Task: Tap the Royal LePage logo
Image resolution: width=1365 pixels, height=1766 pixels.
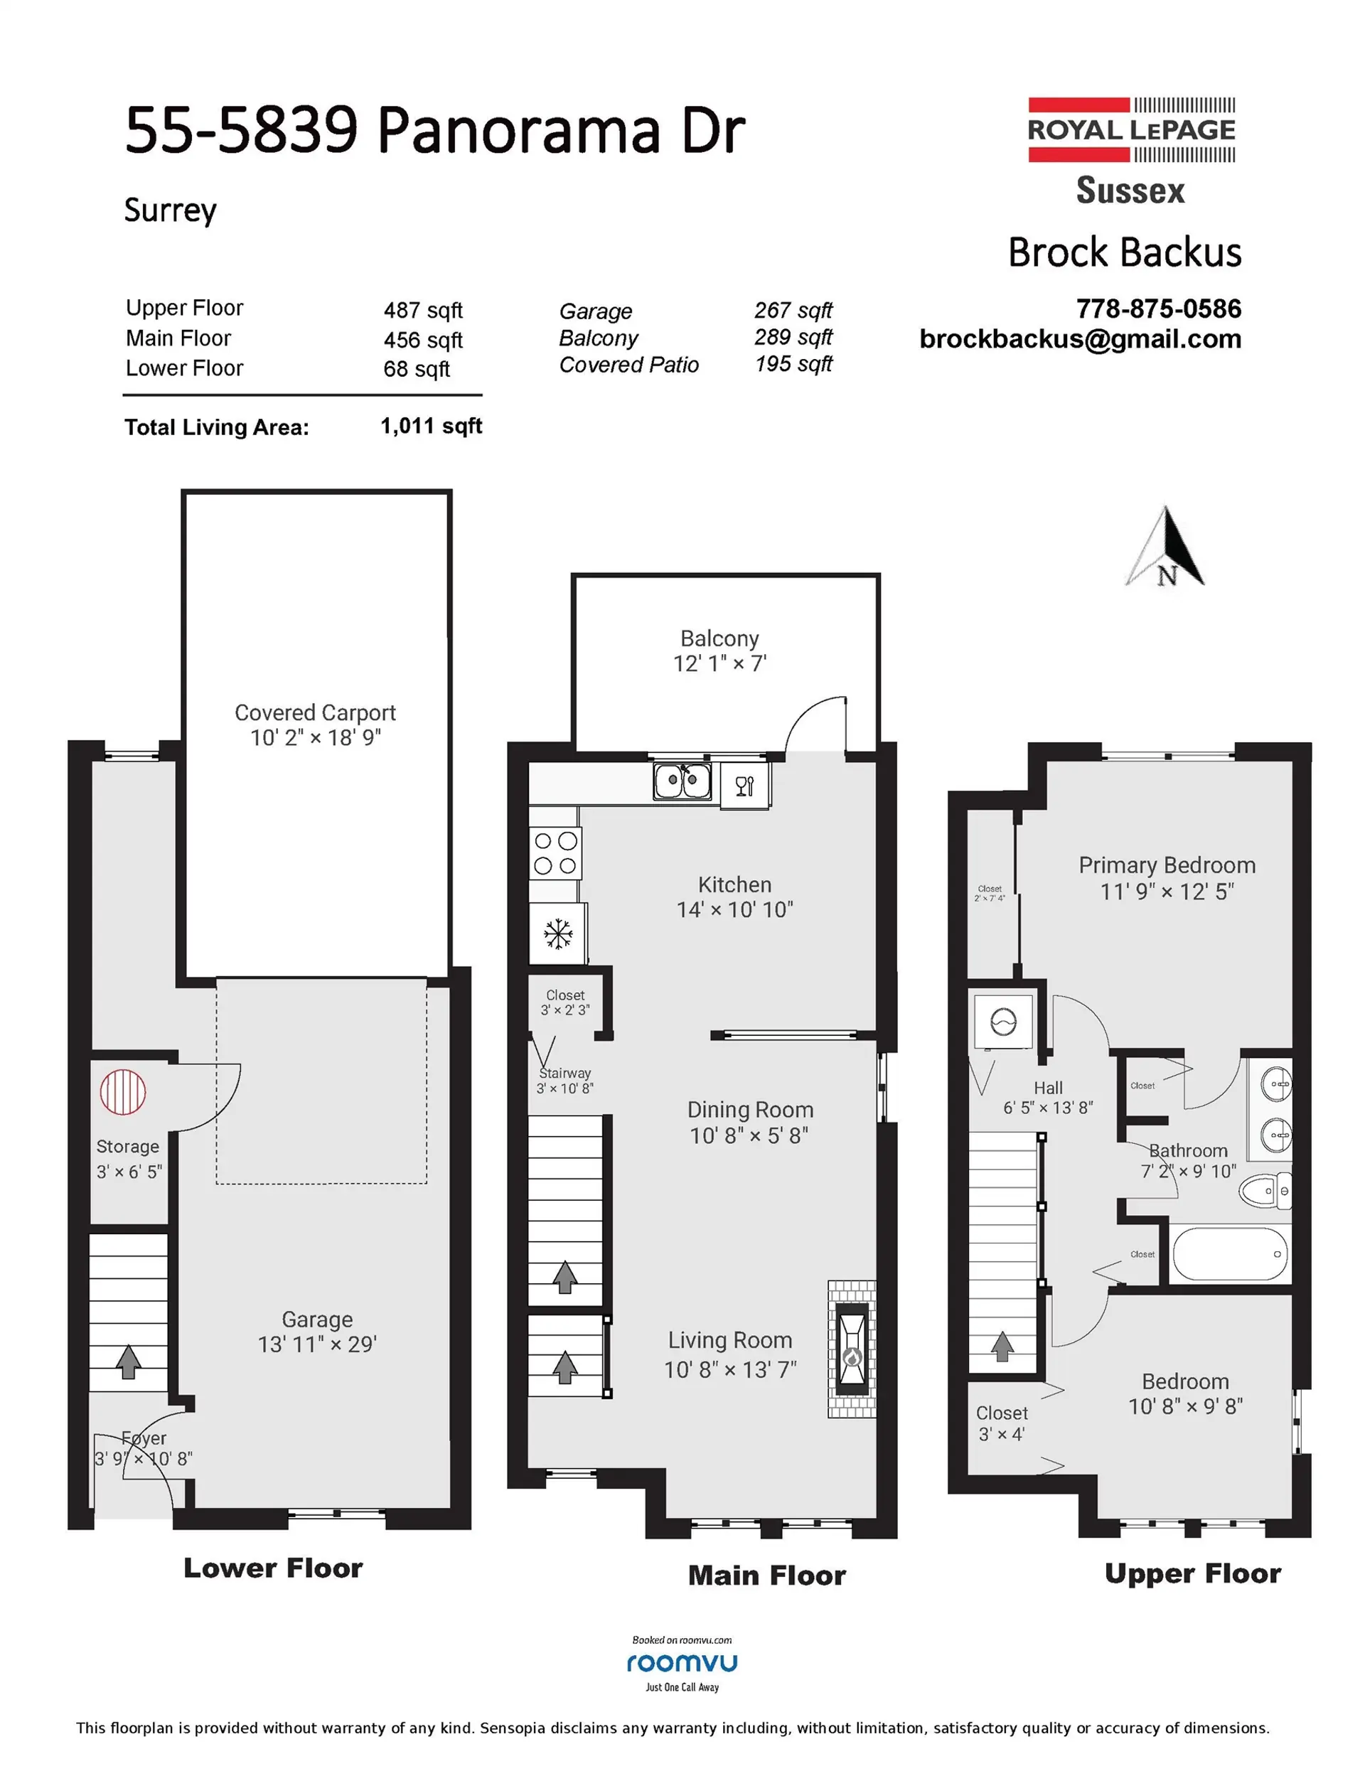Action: click(x=1130, y=130)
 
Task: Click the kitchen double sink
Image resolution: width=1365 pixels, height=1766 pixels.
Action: click(x=682, y=781)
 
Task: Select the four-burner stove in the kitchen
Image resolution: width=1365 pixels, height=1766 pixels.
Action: click(x=555, y=853)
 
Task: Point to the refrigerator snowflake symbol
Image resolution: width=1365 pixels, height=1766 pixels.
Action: click(x=557, y=934)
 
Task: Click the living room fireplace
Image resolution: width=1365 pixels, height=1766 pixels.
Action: click(x=852, y=1348)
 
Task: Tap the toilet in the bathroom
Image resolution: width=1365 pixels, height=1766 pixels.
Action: click(x=1266, y=1191)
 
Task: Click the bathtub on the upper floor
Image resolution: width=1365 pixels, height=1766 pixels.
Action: click(x=1229, y=1254)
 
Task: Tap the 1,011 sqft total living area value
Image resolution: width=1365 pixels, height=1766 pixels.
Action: click(x=431, y=426)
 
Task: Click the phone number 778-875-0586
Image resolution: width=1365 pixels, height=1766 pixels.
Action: click(x=1158, y=308)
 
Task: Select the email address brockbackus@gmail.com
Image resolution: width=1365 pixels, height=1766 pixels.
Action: click(x=1081, y=339)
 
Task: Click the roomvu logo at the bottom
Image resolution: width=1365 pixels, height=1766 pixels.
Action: click(x=682, y=1664)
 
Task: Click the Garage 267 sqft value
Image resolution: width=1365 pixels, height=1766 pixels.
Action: click(x=793, y=311)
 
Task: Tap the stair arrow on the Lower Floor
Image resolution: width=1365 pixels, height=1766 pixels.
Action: click(x=128, y=1361)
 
